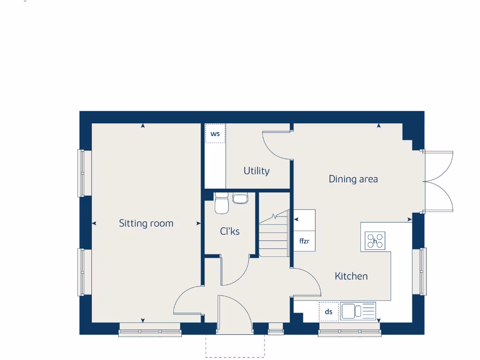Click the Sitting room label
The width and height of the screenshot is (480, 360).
[x=146, y=224]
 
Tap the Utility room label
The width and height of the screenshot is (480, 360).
[x=256, y=171]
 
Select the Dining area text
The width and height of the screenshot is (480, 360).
[x=353, y=179]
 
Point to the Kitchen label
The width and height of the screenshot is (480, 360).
[x=351, y=276]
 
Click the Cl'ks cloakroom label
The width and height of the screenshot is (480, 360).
[x=230, y=231]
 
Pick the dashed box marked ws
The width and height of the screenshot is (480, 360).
[x=215, y=134]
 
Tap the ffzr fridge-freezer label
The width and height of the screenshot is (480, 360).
[x=304, y=242]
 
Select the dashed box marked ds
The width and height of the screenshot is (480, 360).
[x=329, y=312]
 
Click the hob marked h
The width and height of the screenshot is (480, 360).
[x=375, y=241]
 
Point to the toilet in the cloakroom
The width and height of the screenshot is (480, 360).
[x=221, y=203]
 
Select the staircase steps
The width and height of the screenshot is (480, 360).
[x=273, y=237]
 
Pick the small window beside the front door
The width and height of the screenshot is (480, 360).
[x=275, y=332]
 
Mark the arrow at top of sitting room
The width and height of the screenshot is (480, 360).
[x=142, y=126]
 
